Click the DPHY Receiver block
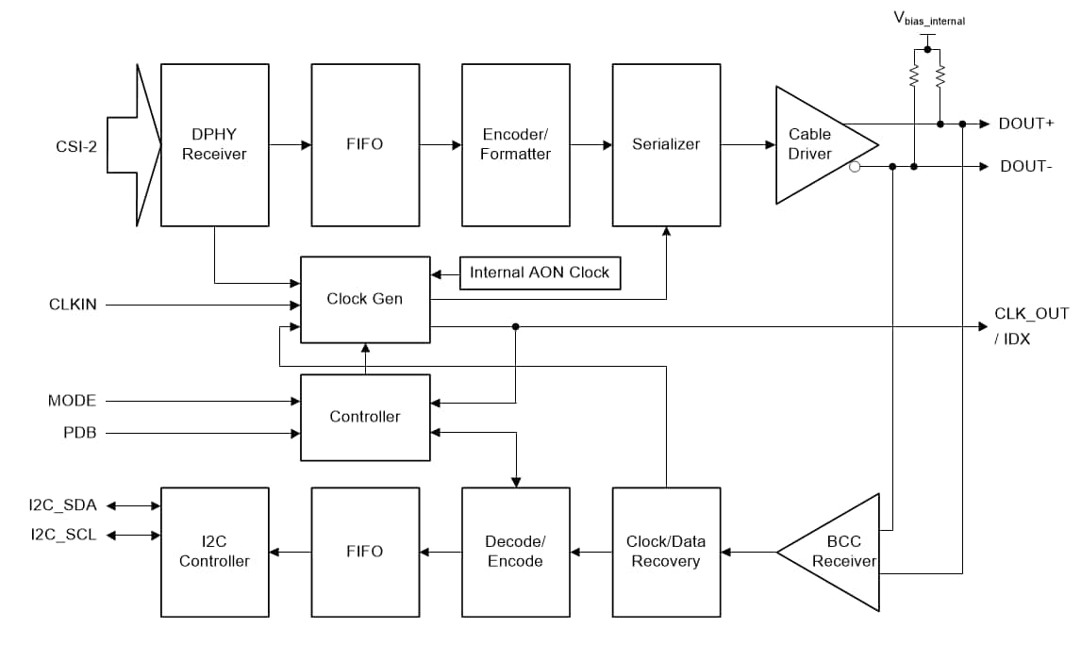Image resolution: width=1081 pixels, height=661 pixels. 214,145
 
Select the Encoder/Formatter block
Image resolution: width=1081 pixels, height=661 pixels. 515,145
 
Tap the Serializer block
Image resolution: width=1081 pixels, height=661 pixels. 666,145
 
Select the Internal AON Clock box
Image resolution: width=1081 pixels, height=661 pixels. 540,273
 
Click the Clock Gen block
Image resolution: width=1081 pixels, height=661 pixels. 364,299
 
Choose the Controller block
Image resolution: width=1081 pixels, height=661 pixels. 364,417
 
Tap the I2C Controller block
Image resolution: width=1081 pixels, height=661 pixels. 214,552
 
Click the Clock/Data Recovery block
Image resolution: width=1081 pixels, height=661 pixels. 666,552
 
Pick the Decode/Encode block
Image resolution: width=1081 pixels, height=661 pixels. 515,552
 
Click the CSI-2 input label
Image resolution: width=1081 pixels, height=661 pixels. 75,146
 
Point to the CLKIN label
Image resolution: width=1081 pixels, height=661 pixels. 73,305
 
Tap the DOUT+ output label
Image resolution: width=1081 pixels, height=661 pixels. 1026,124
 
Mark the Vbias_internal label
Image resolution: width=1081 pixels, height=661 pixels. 929,19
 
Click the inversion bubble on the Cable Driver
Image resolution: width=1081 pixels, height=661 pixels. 855,167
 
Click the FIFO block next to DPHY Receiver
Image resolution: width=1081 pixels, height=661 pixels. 365,145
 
